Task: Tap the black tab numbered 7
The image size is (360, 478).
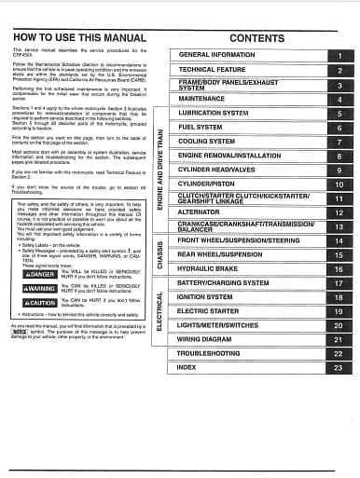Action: pyautogui.click(x=339, y=142)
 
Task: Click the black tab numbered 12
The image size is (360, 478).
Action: pyautogui.click(x=339, y=212)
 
